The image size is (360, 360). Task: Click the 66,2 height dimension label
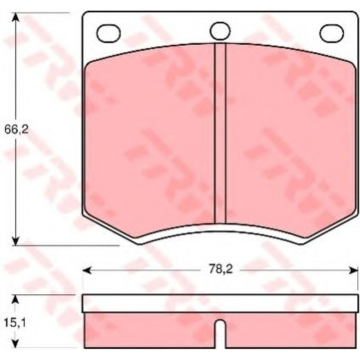pos(16,130)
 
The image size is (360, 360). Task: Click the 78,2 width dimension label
pos(221,269)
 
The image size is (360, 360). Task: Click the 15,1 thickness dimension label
pos(15,323)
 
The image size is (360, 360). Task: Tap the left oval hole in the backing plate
pos(108,33)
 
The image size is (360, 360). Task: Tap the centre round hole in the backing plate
pos(220,31)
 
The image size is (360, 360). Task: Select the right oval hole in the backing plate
pos(331,33)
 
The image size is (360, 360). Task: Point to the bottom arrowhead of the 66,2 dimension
pos(15,241)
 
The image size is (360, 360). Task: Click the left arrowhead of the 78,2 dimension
pos(87,271)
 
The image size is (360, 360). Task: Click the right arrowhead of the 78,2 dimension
pos(353,271)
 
